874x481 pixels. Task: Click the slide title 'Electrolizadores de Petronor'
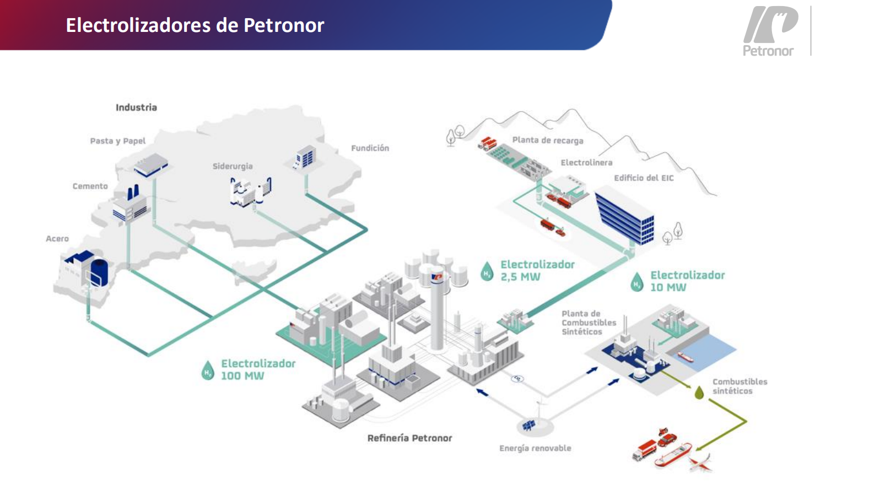click(195, 25)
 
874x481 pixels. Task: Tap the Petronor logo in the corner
click(769, 31)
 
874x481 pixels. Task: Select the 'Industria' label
click(136, 107)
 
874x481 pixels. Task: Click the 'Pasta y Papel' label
click(118, 141)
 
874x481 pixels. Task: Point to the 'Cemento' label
click(90, 186)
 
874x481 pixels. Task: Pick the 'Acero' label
click(57, 238)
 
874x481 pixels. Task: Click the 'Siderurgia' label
click(233, 166)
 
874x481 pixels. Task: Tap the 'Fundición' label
click(370, 148)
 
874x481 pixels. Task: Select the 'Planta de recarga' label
click(547, 140)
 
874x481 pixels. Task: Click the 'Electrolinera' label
click(586, 162)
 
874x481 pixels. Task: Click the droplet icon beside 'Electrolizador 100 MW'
click(208, 370)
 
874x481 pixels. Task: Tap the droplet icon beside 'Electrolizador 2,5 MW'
click(487, 271)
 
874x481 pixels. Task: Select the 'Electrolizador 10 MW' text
click(687, 281)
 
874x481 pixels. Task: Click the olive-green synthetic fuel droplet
click(699, 392)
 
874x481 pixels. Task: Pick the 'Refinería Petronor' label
click(409, 438)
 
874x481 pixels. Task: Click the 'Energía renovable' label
click(535, 448)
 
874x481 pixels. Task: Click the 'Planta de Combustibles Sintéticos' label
click(589, 323)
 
